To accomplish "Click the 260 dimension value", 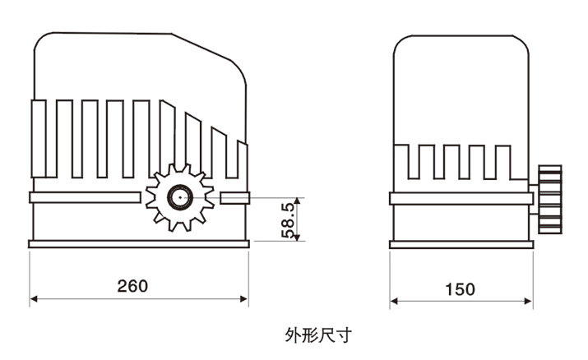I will click(x=132, y=286).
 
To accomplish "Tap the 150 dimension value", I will click(x=460, y=288).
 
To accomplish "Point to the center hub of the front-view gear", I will click(x=178, y=197).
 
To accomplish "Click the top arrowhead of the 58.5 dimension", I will click(x=299, y=201).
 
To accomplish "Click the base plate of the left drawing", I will click(x=138, y=243).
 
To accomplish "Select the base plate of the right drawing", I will click(x=461, y=242).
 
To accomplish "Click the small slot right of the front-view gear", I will click(x=234, y=197).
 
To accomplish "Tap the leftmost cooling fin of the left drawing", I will click(x=38, y=137).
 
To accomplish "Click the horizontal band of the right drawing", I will click(x=461, y=199).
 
